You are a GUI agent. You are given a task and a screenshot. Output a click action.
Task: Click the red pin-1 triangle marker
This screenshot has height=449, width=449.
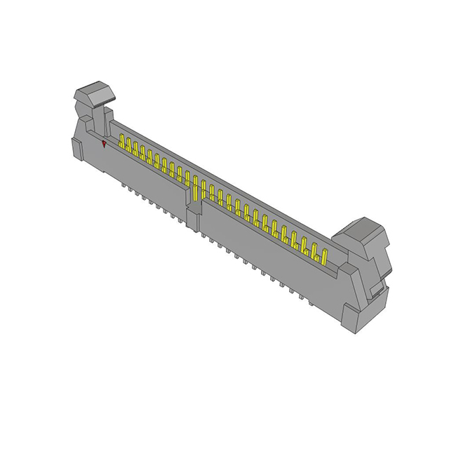click(x=104, y=144)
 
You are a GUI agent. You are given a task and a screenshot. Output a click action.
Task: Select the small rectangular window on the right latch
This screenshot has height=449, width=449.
click(x=377, y=289)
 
